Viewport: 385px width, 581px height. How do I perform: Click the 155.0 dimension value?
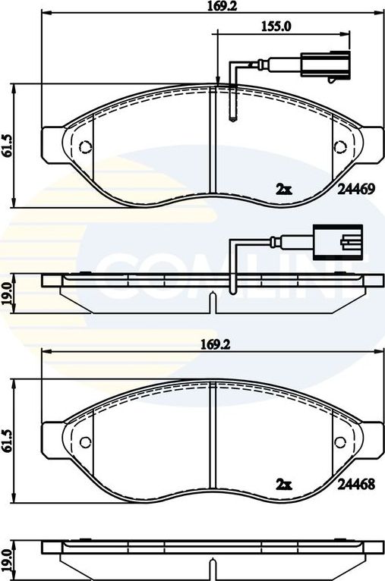276,25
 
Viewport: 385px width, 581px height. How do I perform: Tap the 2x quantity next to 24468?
283,482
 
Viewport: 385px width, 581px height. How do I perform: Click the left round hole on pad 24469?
85,146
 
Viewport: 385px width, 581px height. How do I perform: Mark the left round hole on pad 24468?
85,441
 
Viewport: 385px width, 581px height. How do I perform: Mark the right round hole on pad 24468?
340,441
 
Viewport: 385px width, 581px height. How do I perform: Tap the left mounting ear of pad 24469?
52,144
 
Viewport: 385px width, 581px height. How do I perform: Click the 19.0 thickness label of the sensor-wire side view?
8,292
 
